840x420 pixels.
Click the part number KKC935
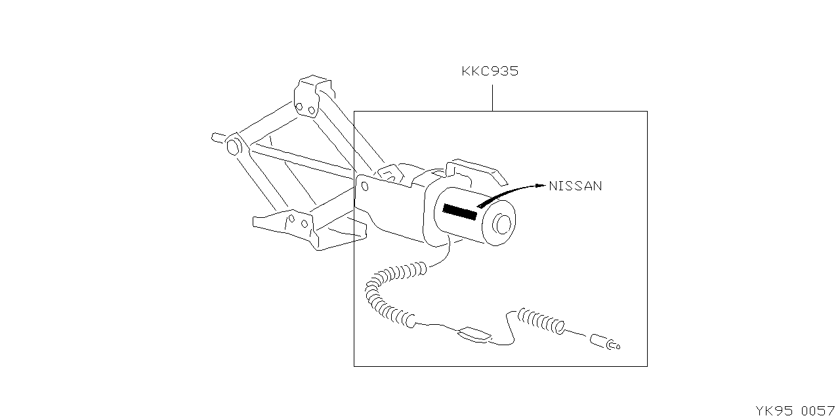click(x=490, y=71)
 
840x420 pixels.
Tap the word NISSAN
click(x=576, y=186)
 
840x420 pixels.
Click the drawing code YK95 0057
click(x=795, y=411)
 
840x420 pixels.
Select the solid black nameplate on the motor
click(x=460, y=212)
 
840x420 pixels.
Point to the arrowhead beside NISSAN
click(x=541, y=185)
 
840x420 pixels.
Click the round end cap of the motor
click(x=499, y=224)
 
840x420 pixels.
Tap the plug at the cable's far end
click(x=604, y=342)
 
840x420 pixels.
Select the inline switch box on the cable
click(x=474, y=334)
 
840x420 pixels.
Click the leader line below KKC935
click(x=492, y=98)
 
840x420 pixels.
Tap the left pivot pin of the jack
click(x=232, y=146)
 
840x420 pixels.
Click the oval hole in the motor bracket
click(x=365, y=186)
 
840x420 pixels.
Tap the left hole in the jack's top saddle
click(x=299, y=107)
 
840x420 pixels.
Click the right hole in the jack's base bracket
click(x=304, y=224)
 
